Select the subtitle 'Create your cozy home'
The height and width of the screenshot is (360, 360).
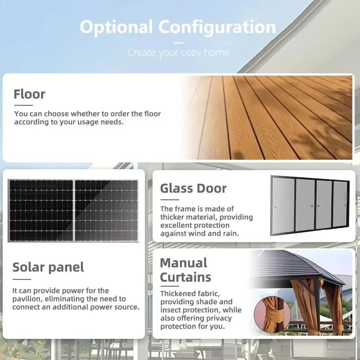[178, 53]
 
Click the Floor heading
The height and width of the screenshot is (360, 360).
[29, 94]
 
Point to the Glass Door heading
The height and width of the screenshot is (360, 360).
[193, 188]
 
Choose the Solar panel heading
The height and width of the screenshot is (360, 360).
[48, 267]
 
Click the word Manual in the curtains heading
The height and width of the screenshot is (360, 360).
[184, 263]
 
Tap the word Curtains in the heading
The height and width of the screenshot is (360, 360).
[185, 277]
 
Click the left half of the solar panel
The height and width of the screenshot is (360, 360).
[41, 211]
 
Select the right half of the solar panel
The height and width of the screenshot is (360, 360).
[106, 211]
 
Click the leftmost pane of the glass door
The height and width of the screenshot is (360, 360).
[283, 205]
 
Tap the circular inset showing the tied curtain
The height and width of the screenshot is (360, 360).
[272, 315]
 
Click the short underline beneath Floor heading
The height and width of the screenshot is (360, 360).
[23, 105]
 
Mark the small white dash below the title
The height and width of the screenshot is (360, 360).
[178, 43]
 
